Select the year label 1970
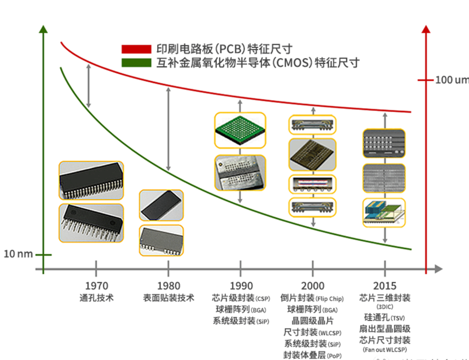[97, 286]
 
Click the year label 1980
[168, 286]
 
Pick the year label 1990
[241, 286]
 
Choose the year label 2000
[312, 286]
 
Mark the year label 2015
[385, 286]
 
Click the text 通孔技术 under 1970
[97, 298]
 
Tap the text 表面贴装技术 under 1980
[168, 298]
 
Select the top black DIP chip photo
[91, 181]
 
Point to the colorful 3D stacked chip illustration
[384, 213]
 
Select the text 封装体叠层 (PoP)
[312, 355]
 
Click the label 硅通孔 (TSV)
[384, 317]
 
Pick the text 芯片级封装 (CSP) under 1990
[241, 298]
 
